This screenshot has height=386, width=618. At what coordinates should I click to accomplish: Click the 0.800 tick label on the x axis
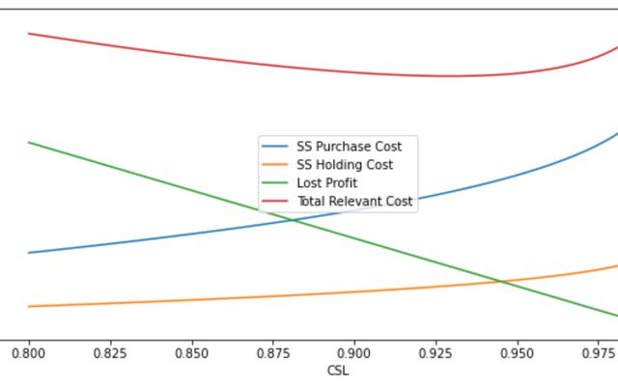click(29, 353)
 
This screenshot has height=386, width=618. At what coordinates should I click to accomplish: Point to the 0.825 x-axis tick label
click(110, 353)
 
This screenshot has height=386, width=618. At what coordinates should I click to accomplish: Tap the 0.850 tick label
click(191, 353)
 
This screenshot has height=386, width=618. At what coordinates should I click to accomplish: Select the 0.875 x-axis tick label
click(273, 353)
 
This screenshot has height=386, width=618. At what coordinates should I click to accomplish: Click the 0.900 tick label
click(354, 353)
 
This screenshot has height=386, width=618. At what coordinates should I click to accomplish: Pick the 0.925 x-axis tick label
click(435, 353)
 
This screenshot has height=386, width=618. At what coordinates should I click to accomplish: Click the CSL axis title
click(338, 371)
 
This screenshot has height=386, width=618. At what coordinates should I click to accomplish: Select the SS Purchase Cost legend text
click(349, 147)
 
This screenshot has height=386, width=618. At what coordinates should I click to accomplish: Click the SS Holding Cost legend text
click(345, 165)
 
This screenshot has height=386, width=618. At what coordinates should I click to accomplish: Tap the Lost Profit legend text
click(326, 183)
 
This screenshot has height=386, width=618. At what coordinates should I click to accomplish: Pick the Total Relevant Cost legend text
click(354, 202)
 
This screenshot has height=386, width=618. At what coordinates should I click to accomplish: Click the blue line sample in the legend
click(275, 147)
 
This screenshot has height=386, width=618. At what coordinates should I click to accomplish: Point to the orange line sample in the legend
click(275, 165)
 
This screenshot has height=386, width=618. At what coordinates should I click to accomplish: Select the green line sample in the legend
click(275, 183)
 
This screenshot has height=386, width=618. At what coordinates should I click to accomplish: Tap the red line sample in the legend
click(275, 202)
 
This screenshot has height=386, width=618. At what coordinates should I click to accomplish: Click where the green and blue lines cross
click(293, 220)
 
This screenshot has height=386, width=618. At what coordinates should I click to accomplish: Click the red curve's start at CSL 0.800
click(29, 34)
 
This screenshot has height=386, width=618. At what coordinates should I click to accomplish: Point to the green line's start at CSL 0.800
click(29, 143)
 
